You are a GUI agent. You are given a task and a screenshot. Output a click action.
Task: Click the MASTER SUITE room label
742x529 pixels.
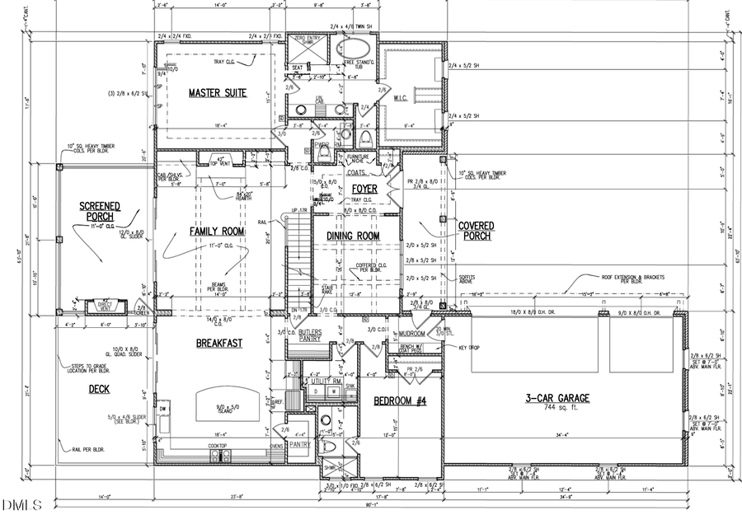(x=218, y=93)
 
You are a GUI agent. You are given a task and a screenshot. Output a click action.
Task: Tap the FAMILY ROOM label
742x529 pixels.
(x=218, y=232)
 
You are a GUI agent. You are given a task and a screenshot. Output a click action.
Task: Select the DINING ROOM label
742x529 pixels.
(x=353, y=236)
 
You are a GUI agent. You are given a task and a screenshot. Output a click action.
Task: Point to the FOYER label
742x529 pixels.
(x=364, y=190)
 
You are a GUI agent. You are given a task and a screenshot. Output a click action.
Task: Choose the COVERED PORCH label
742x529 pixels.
(x=476, y=230)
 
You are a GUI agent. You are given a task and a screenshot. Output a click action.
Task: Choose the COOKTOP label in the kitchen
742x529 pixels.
(x=218, y=446)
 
